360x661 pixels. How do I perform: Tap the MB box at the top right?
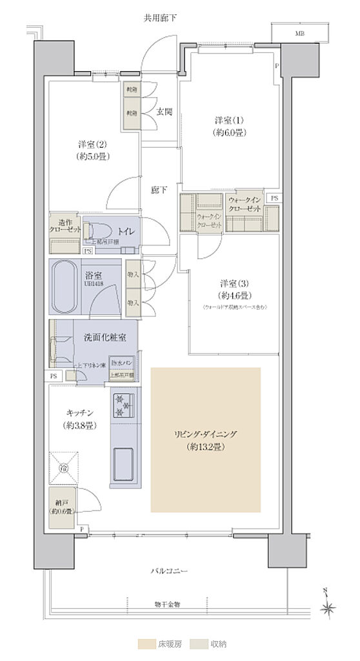coord(300,33)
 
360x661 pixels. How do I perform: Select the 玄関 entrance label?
coord(164,112)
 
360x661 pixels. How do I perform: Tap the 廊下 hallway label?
coord(159,190)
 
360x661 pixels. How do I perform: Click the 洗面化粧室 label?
coord(100,337)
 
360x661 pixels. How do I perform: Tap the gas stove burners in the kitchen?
coord(123,405)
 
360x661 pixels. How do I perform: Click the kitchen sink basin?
coord(123,461)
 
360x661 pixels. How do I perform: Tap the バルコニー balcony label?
coord(170,571)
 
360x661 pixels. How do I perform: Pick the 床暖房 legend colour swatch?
coord(147,644)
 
